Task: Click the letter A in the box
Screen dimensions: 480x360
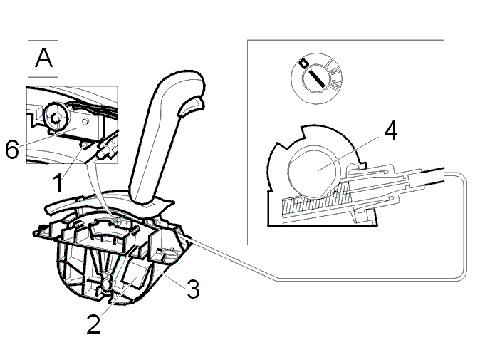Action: point(43,58)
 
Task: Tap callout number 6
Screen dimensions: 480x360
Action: point(12,150)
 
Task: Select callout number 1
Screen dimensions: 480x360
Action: point(58,182)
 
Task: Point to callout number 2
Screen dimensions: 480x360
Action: point(93,324)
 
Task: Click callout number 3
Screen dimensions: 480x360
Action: point(193,289)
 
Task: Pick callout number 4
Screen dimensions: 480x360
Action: point(390,130)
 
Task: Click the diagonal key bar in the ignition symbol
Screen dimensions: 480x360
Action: point(316,77)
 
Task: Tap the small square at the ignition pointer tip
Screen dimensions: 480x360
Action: point(303,63)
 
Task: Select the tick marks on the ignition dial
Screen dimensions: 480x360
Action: point(335,75)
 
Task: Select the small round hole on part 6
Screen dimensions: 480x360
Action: point(85,122)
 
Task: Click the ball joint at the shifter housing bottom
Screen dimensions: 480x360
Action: point(107,282)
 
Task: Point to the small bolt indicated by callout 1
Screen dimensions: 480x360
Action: point(83,145)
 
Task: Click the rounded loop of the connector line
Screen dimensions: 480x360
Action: point(465,227)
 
